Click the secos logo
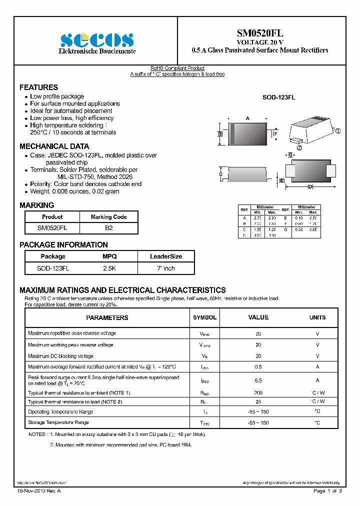(x=97, y=40)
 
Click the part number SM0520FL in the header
(x=260, y=33)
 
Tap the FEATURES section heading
(x=38, y=87)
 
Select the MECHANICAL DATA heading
(x=54, y=146)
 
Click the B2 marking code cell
(x=108, y=227)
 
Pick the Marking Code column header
(x=108, y=217)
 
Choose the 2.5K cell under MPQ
(x=109, y=268)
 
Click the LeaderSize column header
(x=166, y=256)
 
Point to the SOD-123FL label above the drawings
(x=279, y=98)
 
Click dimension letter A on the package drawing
(x=247, y=118)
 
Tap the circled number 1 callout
(x=338, y=131)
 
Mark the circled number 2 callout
(x=299, y=148)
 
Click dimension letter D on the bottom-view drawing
(x=310, y=186)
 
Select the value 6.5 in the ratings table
(x=258, y=380)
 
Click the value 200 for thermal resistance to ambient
(x=258, y=393)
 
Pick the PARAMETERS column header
(x=107, y=317)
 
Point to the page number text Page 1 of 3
(x=327, y=491)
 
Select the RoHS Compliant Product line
(x=177, y=68)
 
